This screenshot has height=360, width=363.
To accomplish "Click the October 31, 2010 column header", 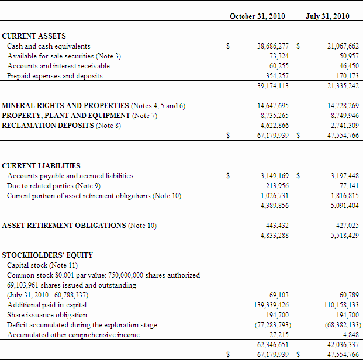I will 257,16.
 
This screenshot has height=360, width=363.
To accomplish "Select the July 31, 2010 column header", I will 327,16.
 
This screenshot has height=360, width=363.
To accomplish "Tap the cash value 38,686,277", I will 272,46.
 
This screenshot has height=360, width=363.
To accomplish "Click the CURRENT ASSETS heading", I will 34,36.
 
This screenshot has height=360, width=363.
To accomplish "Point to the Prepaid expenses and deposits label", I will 54,76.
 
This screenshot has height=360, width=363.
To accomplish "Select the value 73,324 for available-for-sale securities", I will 279,56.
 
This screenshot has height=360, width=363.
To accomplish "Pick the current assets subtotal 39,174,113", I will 272,86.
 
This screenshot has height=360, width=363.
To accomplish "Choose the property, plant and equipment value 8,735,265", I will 274,116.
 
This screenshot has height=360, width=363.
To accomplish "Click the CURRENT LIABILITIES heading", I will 41,165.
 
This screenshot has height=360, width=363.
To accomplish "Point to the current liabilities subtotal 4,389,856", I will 274,205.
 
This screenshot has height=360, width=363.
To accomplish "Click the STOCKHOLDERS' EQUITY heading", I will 47,255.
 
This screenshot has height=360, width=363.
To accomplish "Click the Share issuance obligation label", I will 47,315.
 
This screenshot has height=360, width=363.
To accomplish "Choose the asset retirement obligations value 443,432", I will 276,226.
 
